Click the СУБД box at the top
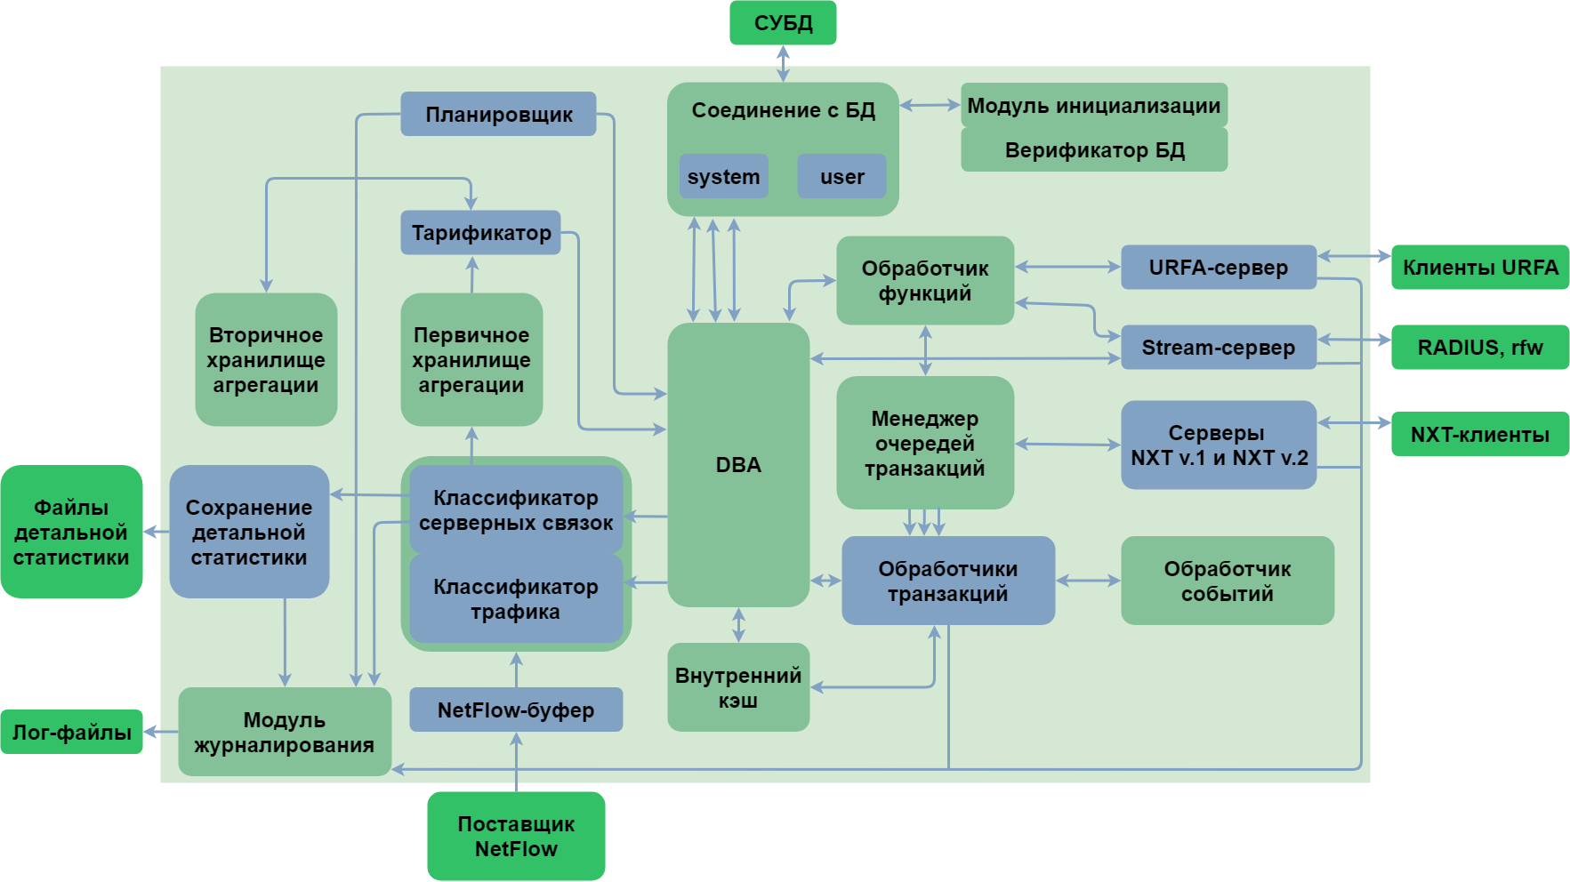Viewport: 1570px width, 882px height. point(783,23)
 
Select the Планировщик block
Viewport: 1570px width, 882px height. point(498,114)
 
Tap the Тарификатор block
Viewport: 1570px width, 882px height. point(480,233)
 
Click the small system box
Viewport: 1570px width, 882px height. point(723,176)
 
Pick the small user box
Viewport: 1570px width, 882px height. point(841,176)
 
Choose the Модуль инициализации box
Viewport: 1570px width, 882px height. point(1093,105)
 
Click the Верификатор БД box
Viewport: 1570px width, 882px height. point(1093,149)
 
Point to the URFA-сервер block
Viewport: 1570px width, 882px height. point(1218,267)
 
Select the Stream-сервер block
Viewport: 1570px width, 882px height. point(1218,347)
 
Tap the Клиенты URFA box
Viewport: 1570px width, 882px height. point(1479,267)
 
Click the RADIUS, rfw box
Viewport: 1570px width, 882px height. point(1479,347)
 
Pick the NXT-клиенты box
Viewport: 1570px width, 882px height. point(1479,434)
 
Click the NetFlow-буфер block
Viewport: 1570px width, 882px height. point(516,710)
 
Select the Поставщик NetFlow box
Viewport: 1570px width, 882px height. point(516,836)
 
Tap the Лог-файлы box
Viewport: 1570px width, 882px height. point(71,732)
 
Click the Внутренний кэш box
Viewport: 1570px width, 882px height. point(738,687)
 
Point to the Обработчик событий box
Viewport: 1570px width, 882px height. point(1227,581)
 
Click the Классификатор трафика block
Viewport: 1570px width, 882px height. point(516,598)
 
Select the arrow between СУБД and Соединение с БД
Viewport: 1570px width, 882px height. point(783,63)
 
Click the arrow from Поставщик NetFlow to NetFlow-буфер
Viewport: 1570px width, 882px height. point(516,762)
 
